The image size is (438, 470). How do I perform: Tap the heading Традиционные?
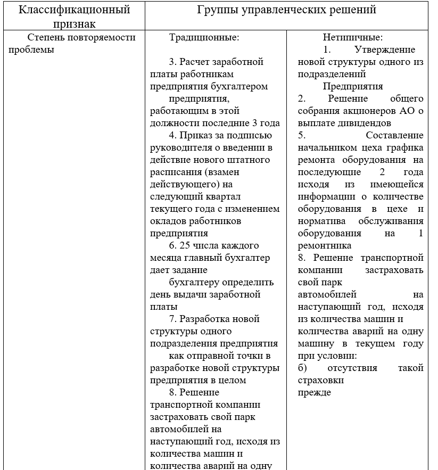204,38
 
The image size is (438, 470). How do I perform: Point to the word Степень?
44,38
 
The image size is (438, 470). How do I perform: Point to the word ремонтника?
324,245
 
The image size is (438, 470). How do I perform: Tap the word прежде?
314,392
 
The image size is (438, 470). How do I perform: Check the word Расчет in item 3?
195,62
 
